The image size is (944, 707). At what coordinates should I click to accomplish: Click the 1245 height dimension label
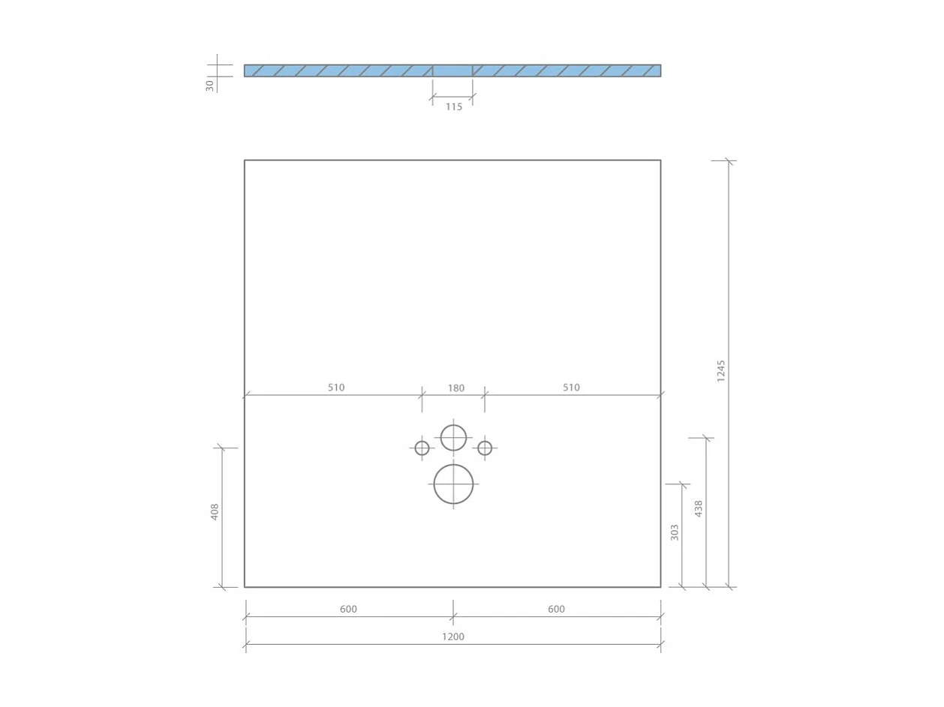pyautogui.click(x=721, y=370)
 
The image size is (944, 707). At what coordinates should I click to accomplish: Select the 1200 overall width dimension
pyautogui.click(x=452, y=637)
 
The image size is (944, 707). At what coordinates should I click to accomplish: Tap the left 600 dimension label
pyautogui.click(x=348, y=610)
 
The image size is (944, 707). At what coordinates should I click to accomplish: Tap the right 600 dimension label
pyautogui.click(x=556, y=610)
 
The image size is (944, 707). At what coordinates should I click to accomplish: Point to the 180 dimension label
pyautogui.click(x=455, y=388)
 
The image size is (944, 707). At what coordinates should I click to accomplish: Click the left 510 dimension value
pyautogui.click(x=336, y=388)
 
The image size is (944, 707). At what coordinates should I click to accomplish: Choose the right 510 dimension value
pyautogui.click(x=571, y=388)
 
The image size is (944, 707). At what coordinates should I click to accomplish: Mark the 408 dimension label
pyautogui.click(x=215, y=511)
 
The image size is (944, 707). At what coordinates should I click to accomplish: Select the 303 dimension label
pyautogui.click(x=675, y=532)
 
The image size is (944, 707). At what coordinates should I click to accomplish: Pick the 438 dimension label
pyautogui.click(x=699, y=509)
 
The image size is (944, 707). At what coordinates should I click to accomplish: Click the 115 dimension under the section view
pyautogui.click(x=454, y=107)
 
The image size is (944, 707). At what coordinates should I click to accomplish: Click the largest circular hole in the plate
pyautogui.click(x=453, y=484)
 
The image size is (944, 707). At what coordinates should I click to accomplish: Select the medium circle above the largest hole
pyautogui.click(x=453, y=438)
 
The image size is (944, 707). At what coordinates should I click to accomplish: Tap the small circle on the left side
pyautogui.click(x=422, y=448)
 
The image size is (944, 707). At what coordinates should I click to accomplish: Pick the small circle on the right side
pyautogui.click(x=485, y=448)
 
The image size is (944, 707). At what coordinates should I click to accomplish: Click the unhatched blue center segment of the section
pyautogui.click(x=452, y=70)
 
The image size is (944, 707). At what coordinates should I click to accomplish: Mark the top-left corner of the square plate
pyautogui.click(x=245, y=160)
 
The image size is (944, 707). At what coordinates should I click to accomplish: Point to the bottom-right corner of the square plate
pyautogui.click(x=660, y=587)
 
